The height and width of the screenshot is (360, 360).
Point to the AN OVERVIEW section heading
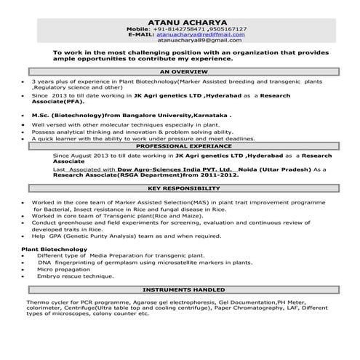pyautogui.click(x=180, y=73)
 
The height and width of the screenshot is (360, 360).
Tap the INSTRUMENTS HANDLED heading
pyautogui.click(x=180, y=289)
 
